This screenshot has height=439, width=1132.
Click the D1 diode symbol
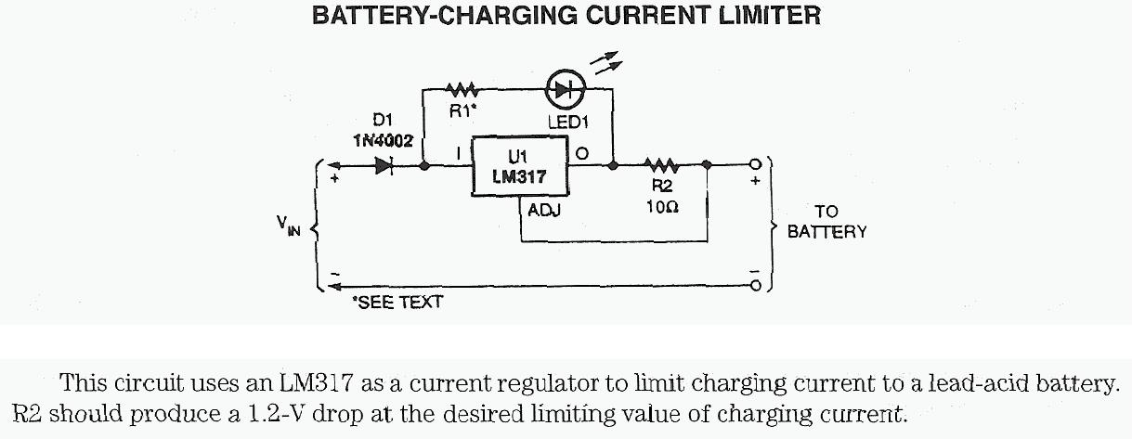384,167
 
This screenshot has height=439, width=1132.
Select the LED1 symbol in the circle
564,90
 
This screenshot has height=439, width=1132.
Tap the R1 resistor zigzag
462,90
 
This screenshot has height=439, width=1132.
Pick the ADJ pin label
543,211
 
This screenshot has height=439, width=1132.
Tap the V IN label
289,226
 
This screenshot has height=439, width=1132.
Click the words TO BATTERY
826,222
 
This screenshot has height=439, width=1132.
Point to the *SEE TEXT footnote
397,302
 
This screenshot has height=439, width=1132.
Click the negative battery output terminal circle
755,287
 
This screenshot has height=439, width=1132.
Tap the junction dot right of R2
708,167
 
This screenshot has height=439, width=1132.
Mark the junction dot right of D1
424,167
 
